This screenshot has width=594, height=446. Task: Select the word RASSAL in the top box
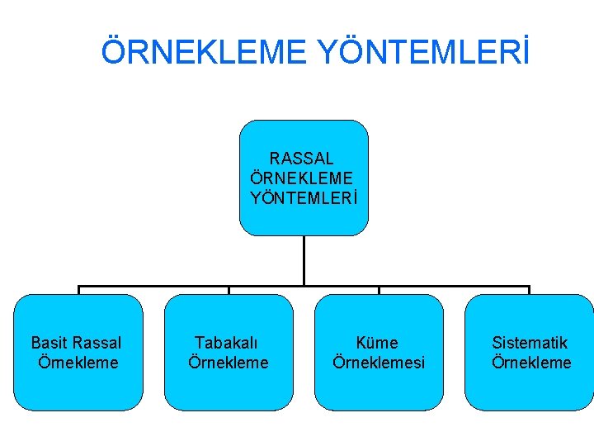(302, 158)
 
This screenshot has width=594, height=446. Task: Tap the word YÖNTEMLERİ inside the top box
(304, 198)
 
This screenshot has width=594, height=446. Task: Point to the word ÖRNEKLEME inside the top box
(302, 178)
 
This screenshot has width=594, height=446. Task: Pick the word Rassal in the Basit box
(97, 343)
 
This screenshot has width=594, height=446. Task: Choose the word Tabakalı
(227, 343)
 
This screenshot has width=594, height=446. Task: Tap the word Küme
(378, 343)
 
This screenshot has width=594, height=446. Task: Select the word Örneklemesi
(379, 363)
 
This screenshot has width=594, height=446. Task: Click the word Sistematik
(530, 343)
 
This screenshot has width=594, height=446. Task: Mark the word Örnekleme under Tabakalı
(229, 363)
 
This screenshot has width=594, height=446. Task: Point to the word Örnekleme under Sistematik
(531, 363)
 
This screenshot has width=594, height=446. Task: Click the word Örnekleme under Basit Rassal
(78, 363)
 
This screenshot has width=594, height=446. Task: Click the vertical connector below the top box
(304, 260)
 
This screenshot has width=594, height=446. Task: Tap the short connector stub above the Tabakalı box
(229, 290)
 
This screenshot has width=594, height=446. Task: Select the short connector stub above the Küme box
(379, 290)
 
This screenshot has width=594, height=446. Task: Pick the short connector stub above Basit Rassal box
(78, 290)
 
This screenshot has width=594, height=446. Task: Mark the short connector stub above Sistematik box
(529, 290)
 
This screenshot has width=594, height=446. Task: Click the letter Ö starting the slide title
(114, 52)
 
